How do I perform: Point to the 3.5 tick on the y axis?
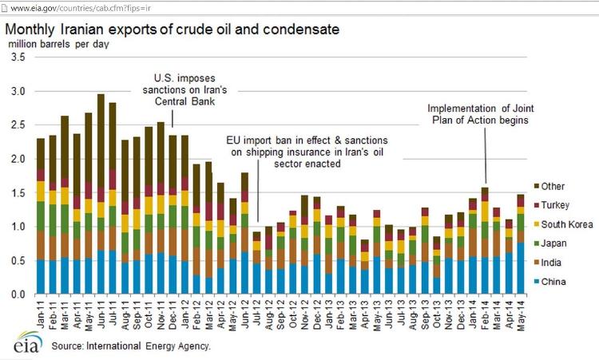coord(17,58)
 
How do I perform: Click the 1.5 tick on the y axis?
coord(17,193)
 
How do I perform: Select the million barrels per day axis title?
coord(58,45)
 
